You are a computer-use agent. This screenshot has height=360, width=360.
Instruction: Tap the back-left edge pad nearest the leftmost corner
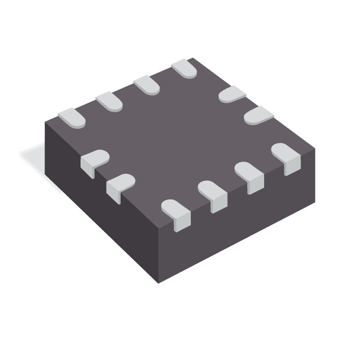(x=72, y=117)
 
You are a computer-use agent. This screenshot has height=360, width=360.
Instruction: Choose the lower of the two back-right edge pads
(x=259, y=115)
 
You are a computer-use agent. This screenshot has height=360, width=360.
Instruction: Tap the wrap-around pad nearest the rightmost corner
(x=287, y=156)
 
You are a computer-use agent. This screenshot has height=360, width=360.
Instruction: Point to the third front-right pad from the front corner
(x=250, y=175)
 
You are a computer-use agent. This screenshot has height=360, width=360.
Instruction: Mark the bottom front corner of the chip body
(x=158, y=283)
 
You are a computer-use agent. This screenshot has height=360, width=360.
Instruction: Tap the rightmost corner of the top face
(x=315, y=149)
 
